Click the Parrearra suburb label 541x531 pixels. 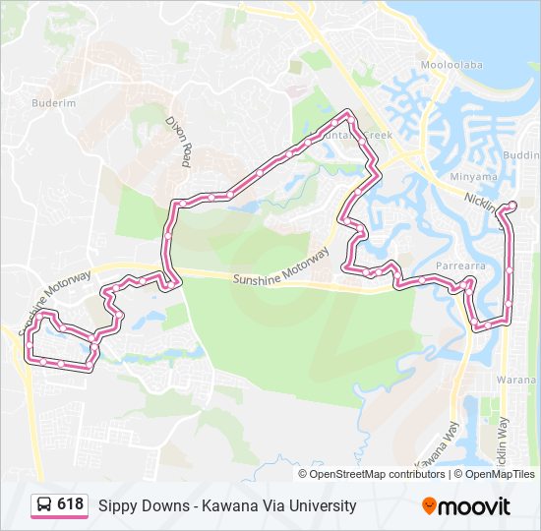pyautogui.click(x=461, y=265)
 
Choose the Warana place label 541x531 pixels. pyautogui.click(x=520, y=379)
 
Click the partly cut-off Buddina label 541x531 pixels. pyautogui.click(x=520, y=155)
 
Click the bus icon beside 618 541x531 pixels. pyautogui.click(x=44, y=505)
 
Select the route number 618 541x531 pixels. pyautogui.click(x=71, y=504)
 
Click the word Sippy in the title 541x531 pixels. pyautogui.click(x=116, y=506)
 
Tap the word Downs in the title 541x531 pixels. pyautogui.click(x=164, y=505)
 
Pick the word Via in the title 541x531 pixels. pyautogui.click(x=264, y=505)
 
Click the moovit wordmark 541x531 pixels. pyautogui.click(x=475, y=506)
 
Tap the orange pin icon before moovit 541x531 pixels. pyautogui.click(x=429, y=505)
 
